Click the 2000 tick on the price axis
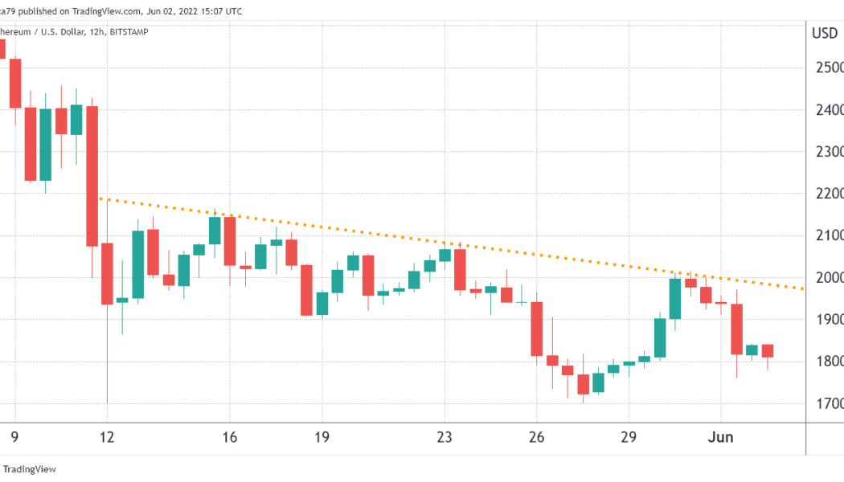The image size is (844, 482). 827,278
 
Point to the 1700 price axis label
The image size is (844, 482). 827,403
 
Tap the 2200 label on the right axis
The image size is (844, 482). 827,194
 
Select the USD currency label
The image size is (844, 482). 825,34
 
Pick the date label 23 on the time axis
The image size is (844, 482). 445,437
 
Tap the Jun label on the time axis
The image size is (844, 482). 721,437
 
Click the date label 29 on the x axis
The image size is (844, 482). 629,437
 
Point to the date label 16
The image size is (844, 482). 230,437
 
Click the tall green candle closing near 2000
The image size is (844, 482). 674,298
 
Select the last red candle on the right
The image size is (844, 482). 767,351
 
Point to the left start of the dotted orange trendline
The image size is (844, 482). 100,198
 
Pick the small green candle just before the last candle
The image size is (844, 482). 752,349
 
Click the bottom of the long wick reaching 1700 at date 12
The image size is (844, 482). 107,402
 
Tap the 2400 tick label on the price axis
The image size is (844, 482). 827,109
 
